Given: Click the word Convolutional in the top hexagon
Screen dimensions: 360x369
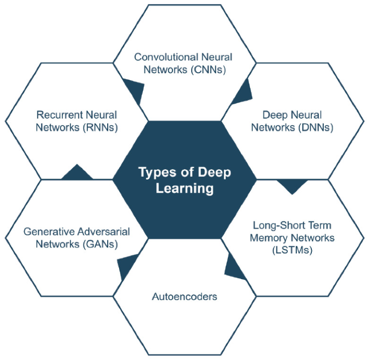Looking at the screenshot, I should click(159, 57).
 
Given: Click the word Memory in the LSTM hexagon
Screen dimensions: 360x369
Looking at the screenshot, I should click(267, 238).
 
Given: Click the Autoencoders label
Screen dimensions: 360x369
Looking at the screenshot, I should click(184, 296).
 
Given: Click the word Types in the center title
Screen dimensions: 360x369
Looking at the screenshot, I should click(154, 172).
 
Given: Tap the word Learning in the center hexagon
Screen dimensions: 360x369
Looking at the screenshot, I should click(184, 189).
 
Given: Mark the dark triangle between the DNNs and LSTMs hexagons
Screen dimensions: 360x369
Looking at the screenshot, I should click(293, 186).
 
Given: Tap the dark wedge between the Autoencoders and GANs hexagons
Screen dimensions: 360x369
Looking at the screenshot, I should click(126, 265).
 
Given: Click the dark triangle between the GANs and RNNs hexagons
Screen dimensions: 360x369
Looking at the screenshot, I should click(78, 173).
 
